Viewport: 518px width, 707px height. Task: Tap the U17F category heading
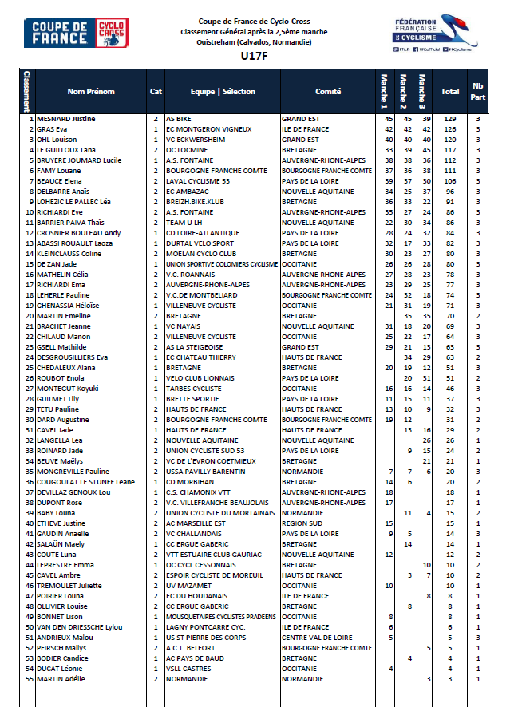(x=251, y=57)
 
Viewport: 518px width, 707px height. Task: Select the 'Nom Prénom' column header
(x=88, y=91)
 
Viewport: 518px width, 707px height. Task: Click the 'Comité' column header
(x=328, y=91)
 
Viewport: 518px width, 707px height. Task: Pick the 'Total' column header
(x=450, y=91)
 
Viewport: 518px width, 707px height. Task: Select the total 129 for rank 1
(x=450, y=119)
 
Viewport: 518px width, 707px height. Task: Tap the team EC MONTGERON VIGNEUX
(x=208, y=129)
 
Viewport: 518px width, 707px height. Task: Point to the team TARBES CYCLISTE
(x=193, y=389)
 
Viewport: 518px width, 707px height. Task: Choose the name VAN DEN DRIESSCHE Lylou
(x=80, y=627)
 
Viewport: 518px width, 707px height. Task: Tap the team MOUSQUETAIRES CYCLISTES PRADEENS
(x=221, y=617)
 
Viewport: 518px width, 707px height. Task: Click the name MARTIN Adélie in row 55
(x=64, y=679)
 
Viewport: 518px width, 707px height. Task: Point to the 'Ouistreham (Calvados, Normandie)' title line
(x=251, y=41)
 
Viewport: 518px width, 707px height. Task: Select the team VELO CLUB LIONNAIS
(x=200, y=378)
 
